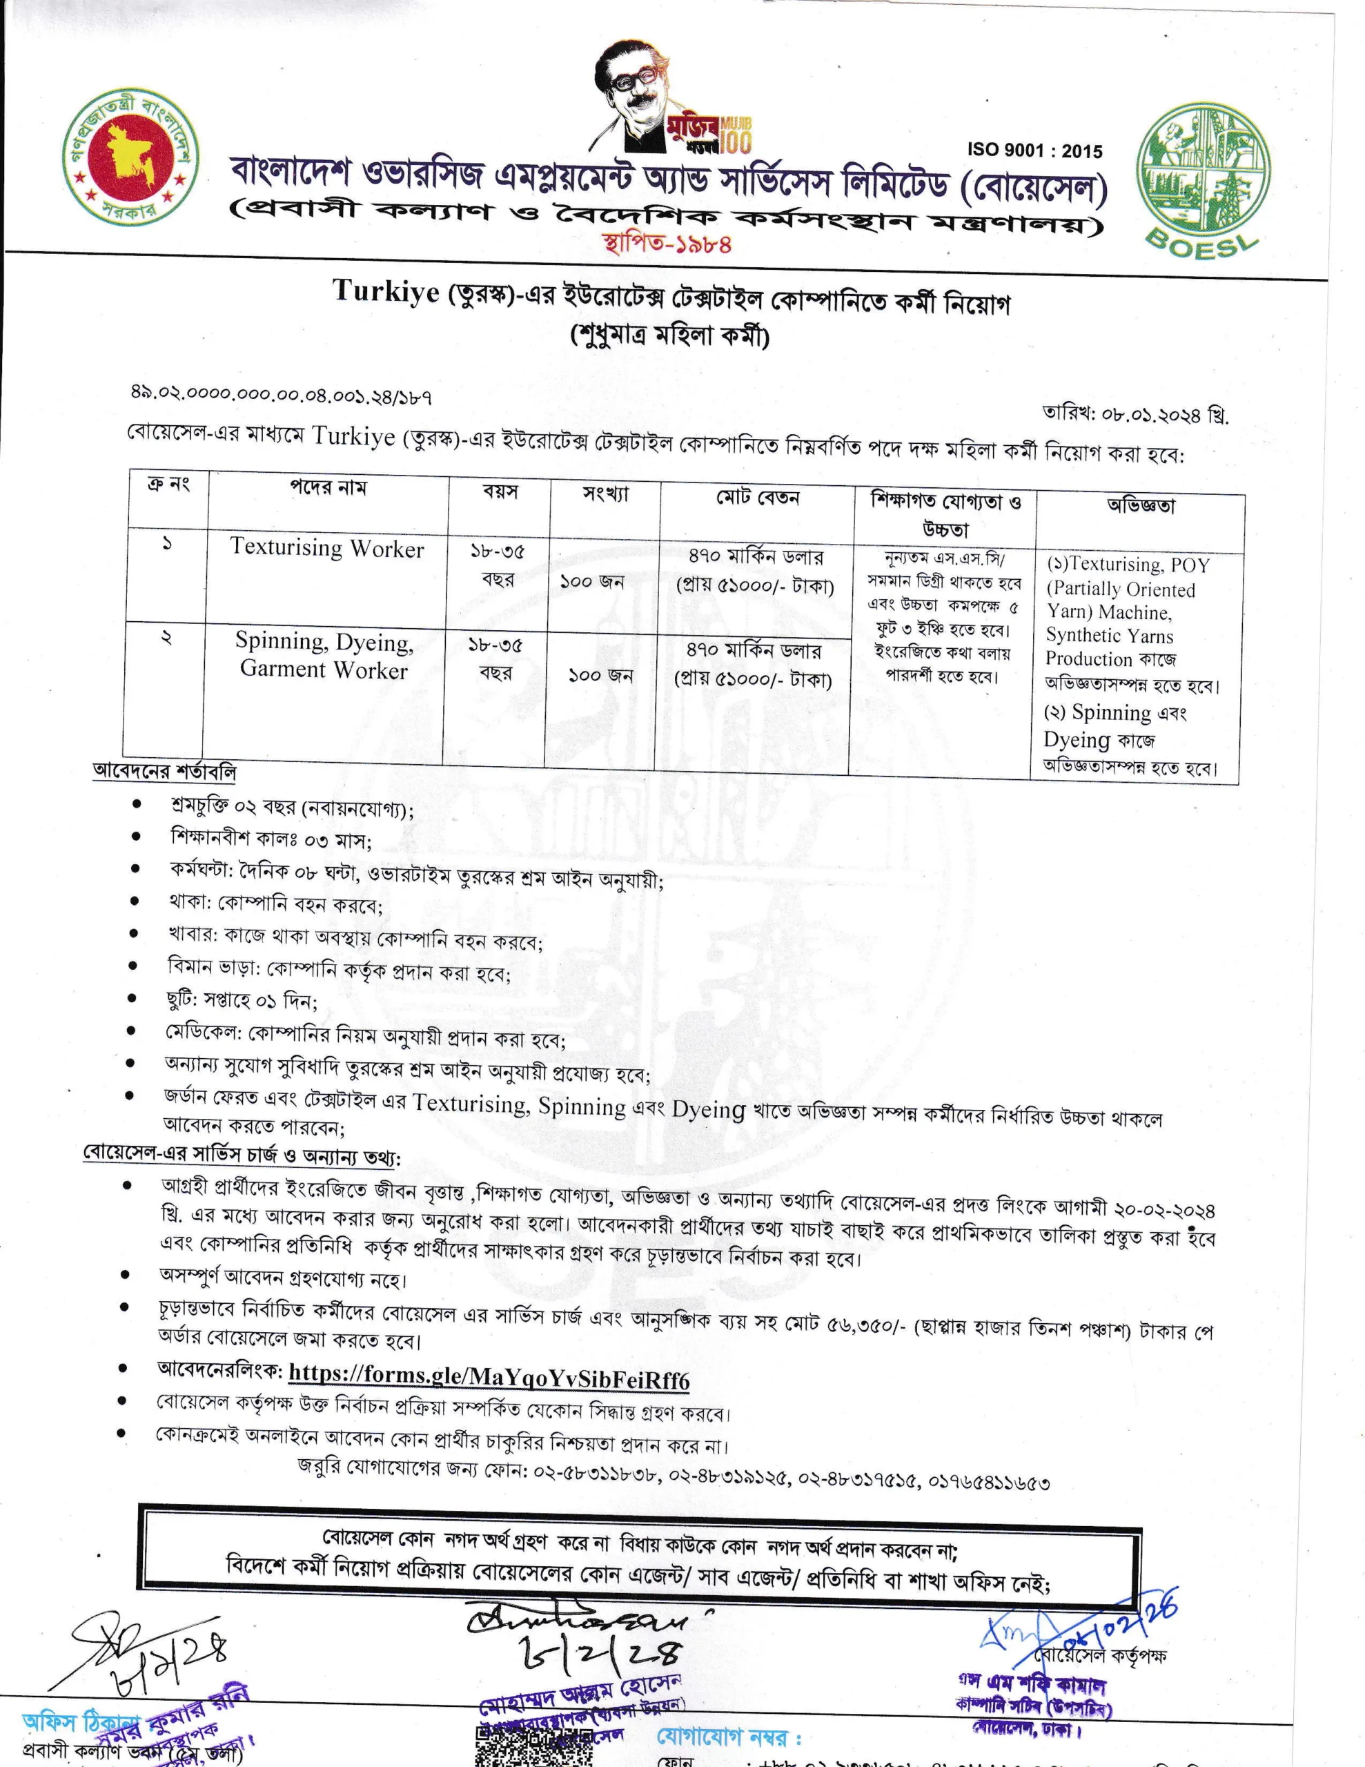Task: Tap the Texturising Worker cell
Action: (327, 548)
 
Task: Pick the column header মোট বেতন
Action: (756, 497)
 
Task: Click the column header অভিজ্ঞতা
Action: (1140, 506)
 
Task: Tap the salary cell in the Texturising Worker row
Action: (754, 572)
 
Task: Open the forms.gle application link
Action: (488, 1376)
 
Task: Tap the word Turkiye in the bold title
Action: (385, 291)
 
